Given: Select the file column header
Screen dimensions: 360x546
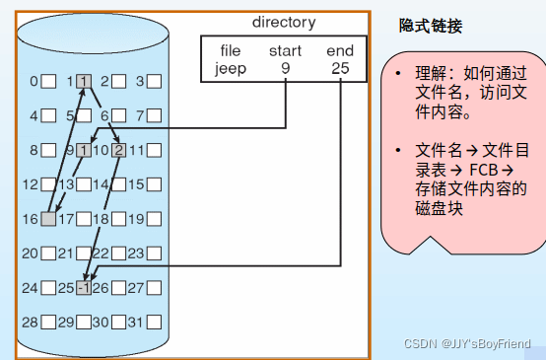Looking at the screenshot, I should tap(230, 50).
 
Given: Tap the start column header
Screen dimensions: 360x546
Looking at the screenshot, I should tap(286, 50).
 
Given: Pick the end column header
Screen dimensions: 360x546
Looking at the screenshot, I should tap(339, 50).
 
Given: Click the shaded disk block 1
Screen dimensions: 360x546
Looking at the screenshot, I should tap(84, 82).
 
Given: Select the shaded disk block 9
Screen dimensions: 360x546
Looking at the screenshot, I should tap(84, 151).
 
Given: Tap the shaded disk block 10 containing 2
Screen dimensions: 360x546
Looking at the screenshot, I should tap(118, 151).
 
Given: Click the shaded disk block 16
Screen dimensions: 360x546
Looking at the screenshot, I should tap(48, 219).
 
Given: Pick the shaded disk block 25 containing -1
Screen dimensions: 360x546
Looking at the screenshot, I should tap(84, 288).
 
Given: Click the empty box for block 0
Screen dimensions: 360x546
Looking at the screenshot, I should tap(48, 82).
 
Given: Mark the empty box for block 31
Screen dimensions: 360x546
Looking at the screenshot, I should tap(153, 323).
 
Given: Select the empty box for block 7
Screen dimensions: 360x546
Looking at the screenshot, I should tap(153, 116).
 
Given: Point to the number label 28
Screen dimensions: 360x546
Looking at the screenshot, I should tap(30, 323).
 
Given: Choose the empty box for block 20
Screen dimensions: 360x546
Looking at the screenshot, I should tap(48, 253).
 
